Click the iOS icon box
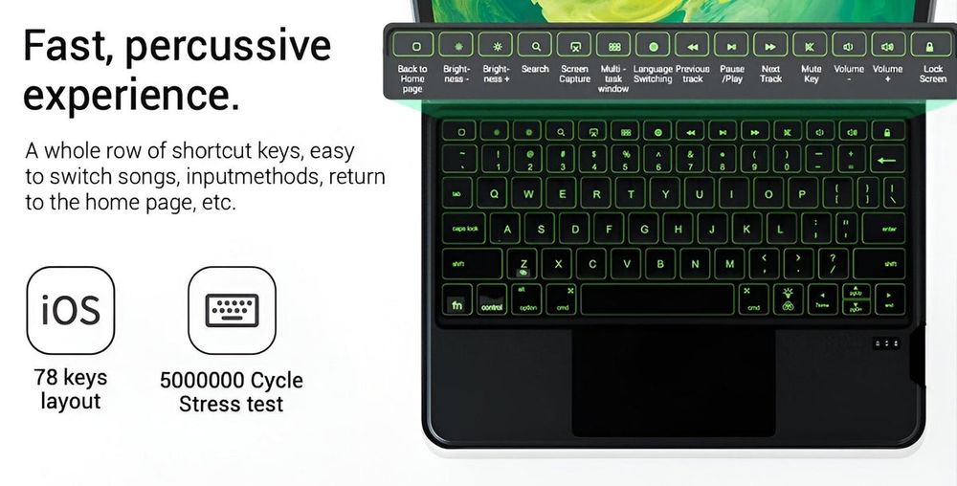pos(70,311)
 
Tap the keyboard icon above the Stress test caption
pos(232,311)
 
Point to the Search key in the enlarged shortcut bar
pos(535,45)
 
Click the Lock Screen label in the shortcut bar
pos(932,74)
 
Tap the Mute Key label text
pos(811,74)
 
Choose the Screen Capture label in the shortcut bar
pos(574,74)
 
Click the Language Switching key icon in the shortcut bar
pos(653,45)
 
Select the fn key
pos(457,303)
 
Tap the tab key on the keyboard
pos(458,194)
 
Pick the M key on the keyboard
pos(729,264)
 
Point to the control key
pos(492,303)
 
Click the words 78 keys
pos(70,377)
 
